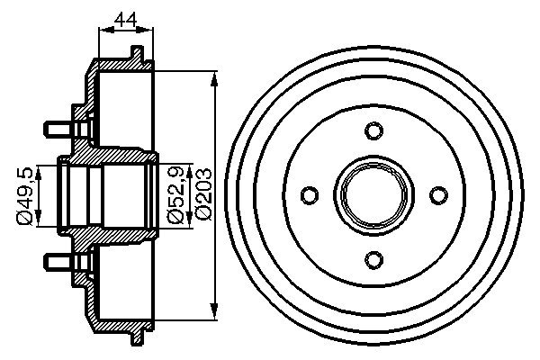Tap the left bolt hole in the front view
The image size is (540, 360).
click(x=310, y=195)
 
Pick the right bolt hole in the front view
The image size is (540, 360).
click(x=438, y=195)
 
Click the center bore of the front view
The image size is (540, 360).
click(x=373, y=195)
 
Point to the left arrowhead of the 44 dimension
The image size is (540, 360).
click(x=102, y=31)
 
